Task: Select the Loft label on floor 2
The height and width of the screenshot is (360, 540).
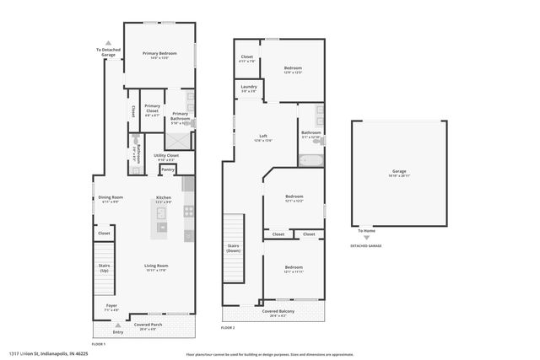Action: pyautogui.click(x=263, y=137)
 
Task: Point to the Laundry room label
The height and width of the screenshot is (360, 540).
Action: pyautogui.click(x=249, y=88)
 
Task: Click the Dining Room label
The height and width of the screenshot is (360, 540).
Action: pyautogui.click(x=111, y=199)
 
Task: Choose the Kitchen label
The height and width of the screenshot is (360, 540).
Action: pyautogui.click(x=163, y=199)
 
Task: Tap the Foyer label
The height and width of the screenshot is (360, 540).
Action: pyautogui.click(x=111, y=307)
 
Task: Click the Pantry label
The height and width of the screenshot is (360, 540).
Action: pyautogui.click(x=168, y=169)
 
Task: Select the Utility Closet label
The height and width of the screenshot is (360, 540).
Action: pyautogui.click(x=166, y=157)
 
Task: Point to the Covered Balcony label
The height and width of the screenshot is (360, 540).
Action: pyautogui.click(x=276, y=313)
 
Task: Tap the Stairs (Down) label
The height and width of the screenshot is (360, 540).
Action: pyautogui.click(x=234, y=249)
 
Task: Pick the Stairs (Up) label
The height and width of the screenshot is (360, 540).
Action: pyautogui.click(x=105, y=267)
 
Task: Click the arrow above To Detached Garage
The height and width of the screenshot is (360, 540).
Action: pyautogui.click(x=107, y=42)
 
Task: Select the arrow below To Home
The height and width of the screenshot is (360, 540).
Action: pyautogui.click(x=366, y=237)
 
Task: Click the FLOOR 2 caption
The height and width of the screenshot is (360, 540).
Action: pyautogui.click(x=228, y=327)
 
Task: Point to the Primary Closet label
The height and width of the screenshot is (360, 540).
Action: pyautogui.click(x=152, y=110)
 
